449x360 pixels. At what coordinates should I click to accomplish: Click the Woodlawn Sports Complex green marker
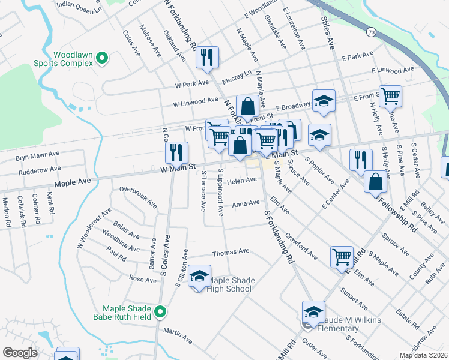[102, 58]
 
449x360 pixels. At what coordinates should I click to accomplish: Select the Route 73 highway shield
[372, 31]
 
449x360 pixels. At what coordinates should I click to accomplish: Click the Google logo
[20, 353]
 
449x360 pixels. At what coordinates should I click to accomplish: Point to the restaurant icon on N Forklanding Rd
[207, 58]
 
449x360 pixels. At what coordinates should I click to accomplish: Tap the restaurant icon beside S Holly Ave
[361, 159]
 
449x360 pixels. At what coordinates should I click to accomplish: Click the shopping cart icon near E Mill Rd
[342, 256]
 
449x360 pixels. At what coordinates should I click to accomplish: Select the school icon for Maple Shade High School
[200, 276]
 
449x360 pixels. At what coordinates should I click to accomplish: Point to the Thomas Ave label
[231, 252]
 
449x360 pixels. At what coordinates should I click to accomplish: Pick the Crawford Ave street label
[301, 246]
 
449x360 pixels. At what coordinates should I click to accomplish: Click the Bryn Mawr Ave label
[38, 154]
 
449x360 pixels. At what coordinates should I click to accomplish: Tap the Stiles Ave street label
[328, 33]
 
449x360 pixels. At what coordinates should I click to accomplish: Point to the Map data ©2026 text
[423, 355]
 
